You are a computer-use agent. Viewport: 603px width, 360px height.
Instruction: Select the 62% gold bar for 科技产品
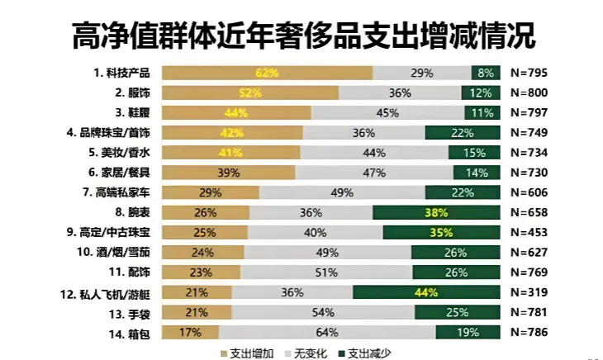pyautogui.click(x=267, y=73)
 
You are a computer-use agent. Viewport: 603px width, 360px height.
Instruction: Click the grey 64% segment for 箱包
pyautogui.click(x=327, y=332)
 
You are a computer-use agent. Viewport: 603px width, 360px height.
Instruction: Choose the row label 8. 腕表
pyautogui.click(x=131, y=212)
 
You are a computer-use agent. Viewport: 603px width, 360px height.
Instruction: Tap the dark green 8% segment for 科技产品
pyautogui.click(x=487, y=73)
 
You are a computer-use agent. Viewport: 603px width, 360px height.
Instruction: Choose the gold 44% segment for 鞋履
pyautogui.click(x=236, y=112)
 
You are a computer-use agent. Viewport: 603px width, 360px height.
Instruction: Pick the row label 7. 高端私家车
pyautogui.click(x=117, y=192)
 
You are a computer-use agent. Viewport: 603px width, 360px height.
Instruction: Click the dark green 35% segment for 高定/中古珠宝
pyautogui.click(x=441, y=232)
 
